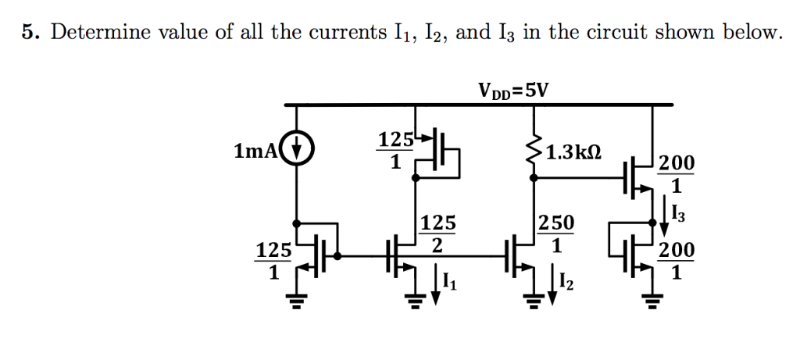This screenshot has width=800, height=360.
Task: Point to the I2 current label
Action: coord(568,284)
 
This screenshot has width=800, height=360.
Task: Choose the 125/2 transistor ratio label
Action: coord(437,234)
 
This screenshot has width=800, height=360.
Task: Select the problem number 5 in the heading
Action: coord(29,33)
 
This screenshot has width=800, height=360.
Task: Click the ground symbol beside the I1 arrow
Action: coord(416,299)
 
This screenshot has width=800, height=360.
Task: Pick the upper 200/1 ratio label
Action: coord(675,174)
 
